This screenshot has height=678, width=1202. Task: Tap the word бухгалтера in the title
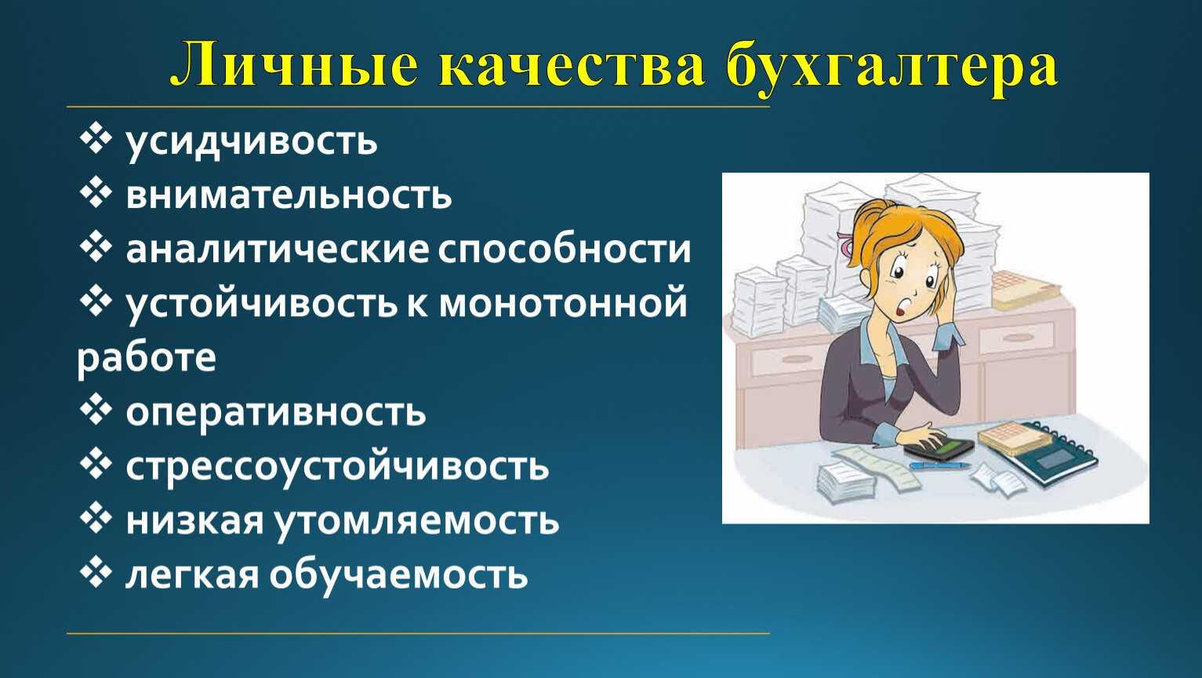[892, 68]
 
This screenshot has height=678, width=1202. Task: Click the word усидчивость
[252, 142]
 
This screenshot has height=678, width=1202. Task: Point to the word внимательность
[289, 195]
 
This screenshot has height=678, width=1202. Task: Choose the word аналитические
[278, 250]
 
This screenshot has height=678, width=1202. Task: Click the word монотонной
[563, 303]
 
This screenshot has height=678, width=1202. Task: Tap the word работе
[147, 358]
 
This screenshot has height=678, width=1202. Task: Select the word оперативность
[276, 413]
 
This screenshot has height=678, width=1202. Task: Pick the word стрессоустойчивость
[337, 466]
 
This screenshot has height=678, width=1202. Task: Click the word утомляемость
[416, 520]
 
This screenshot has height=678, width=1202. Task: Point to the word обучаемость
[398, 574]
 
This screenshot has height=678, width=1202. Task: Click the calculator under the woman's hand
[939, 448]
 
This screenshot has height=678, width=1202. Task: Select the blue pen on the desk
[939, 466]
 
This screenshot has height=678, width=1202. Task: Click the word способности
[564, 250]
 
